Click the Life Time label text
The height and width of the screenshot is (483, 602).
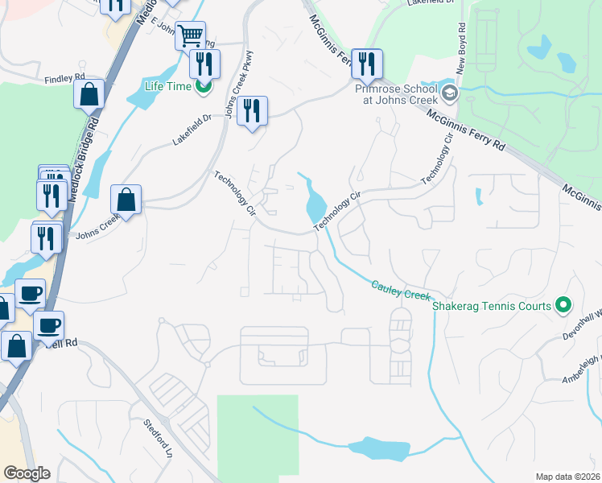(x=167, y=87)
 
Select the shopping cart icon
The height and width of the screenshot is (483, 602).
(x=190, y=35)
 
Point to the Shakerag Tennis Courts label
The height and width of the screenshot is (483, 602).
(x=491, y=306)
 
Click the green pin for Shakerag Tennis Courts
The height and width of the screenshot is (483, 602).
(x=563, y=306)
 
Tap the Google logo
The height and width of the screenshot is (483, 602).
(x=26, y=473)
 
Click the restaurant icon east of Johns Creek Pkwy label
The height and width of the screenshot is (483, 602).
(x=252, y=110)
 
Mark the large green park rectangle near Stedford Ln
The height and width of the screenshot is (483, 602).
(x=257, y=435)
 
